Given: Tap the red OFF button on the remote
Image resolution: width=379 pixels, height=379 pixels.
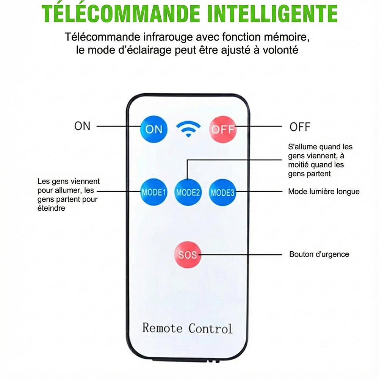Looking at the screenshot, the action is (x=222, y=129).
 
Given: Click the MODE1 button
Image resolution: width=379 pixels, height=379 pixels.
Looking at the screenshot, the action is (x=154, y=192).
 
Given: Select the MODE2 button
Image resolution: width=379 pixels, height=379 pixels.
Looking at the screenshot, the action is (x=188, y=193).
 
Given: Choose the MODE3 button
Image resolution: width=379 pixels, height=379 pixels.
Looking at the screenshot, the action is (x=222, y=193).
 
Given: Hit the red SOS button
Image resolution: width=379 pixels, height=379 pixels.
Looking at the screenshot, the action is (x=188, y=255).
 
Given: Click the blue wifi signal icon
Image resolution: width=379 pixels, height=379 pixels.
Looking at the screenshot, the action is (x=188, y=129).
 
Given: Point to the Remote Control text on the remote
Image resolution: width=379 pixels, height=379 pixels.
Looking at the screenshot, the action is (x=187, y=328).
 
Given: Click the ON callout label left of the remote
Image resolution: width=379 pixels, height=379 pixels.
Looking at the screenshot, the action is (x=82, y=126).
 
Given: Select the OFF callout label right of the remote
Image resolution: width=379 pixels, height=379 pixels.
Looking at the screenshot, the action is (x=300, y=127).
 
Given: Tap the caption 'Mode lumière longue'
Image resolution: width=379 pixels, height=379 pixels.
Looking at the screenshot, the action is (x=324, y=191).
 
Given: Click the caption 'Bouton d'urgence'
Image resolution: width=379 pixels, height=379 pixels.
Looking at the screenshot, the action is (x=319, y=254).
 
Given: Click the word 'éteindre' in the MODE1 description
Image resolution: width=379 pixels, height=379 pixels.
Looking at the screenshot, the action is (x=51, y=208).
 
